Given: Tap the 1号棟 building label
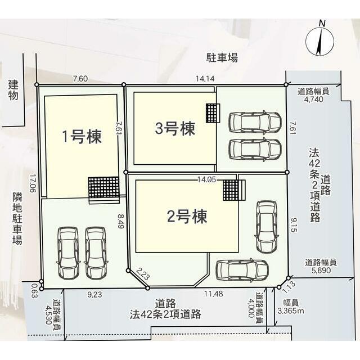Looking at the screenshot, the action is pos(82,137).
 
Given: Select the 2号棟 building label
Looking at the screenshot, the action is pos(187,216).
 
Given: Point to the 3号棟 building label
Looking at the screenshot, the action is pos(175,128).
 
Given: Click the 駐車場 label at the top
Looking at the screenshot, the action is pos(222,57).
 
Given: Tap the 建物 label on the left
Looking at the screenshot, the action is pos(13,90).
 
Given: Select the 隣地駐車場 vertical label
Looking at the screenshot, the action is pos(17,218).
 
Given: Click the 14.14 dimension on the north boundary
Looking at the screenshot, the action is pos(205,79).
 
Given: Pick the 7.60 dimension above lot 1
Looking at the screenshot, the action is pos(80,79).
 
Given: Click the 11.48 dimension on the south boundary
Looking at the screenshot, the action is pos(214,294).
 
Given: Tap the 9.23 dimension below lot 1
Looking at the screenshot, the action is pos(94,294).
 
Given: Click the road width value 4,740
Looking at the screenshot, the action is pos(313,99).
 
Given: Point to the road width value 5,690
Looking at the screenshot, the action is pos(321,270).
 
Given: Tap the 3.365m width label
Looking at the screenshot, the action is pos(291,311).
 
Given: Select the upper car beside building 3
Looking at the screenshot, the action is pos(255,122).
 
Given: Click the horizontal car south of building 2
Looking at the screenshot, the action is pos(242,270).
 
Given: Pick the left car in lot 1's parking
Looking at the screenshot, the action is pos(68,253).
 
